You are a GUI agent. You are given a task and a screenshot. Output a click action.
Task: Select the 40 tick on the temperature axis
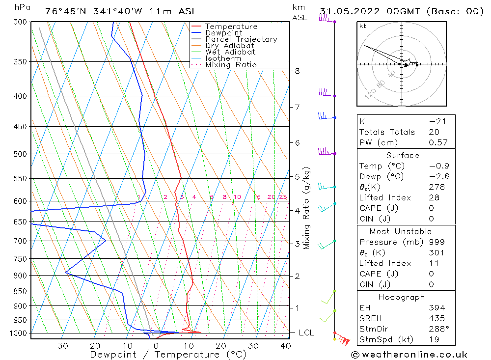[285, 345]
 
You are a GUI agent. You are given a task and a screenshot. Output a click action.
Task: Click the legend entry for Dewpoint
[224, 33]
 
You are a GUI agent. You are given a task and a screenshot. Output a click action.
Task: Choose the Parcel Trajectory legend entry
[241, 39]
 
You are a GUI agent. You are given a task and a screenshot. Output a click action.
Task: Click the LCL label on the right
[306, 333]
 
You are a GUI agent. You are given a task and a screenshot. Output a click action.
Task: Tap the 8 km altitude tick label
[297, 71]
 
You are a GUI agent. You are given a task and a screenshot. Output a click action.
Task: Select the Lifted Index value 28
[434, 197]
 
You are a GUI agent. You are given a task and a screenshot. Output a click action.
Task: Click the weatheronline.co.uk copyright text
[409, 355]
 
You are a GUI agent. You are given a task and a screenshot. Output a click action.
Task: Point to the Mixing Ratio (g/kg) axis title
[307, 208]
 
